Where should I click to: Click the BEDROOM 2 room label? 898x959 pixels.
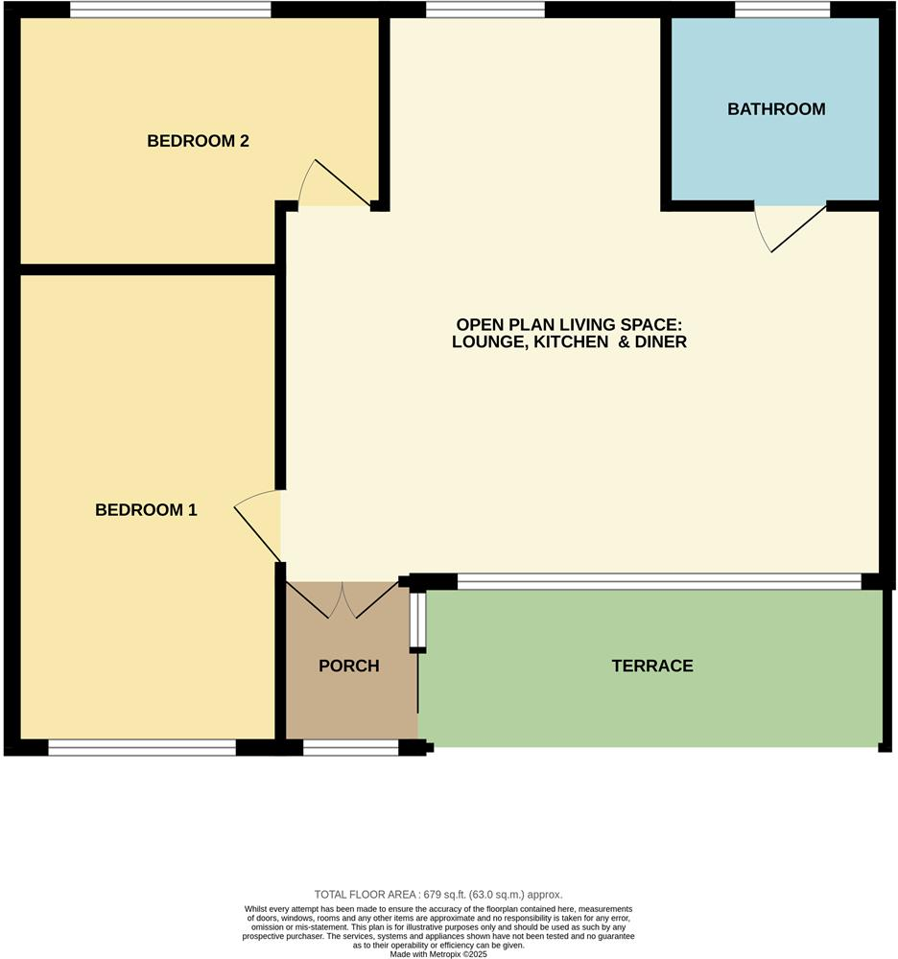[x=198, y=141]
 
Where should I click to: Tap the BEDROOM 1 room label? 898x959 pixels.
[x=146, y=510]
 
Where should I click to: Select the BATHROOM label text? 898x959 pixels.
[x=776, y=109]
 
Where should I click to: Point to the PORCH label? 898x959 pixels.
[x=349, y=666]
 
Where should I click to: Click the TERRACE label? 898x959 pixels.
[x=652, y=666]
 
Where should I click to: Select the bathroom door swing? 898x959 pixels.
[x=792, y=228]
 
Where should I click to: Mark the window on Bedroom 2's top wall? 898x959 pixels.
[x=170, y=10]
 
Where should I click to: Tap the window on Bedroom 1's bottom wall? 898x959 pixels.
[x=142, y=748]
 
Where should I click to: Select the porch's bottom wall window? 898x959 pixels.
[x=350, y=748]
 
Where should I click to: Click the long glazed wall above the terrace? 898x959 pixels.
[x=659, y=580]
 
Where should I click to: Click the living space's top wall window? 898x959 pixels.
[x=485, y=10]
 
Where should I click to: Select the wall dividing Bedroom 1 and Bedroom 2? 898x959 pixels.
[x=149, y=269]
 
